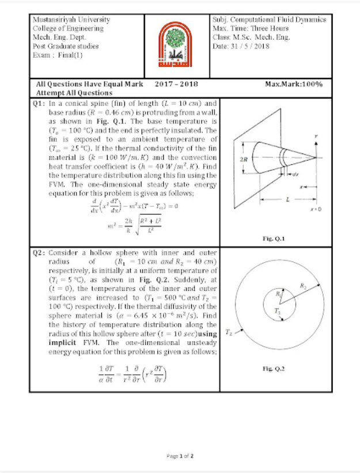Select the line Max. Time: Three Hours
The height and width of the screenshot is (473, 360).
(251, 28)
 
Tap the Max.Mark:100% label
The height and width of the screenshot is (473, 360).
(294, 84)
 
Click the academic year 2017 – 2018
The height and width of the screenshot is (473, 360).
(176, 84)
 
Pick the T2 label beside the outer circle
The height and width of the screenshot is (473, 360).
(229, 332)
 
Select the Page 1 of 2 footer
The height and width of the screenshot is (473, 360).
(180, 455)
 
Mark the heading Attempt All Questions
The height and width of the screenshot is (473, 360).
(74, 92)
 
